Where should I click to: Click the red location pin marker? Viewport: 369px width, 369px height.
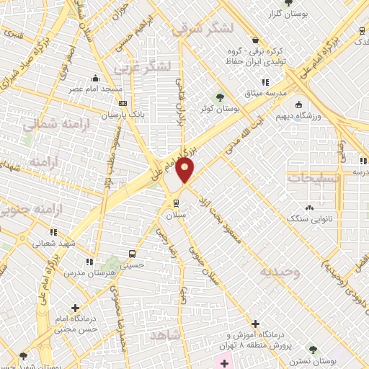click(185, 171)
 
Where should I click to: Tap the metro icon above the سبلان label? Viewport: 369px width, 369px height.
click(174, 201)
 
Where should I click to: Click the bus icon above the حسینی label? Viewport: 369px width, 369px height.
click(131, 253)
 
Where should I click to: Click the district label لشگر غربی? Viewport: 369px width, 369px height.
click(146, 68)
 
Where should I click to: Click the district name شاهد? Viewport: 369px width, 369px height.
click(165, 336)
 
